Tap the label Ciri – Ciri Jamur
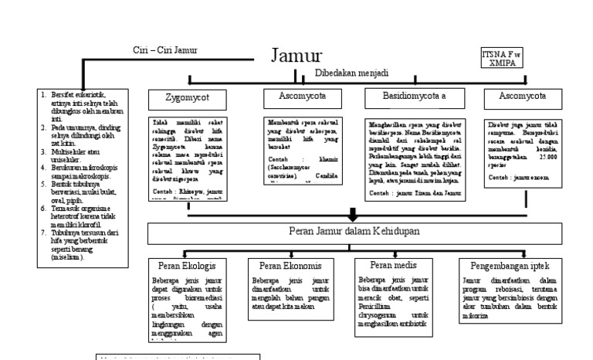pyautogui.click(x=165, y=51)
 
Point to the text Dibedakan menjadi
pyautogui.click(x=351, y=73)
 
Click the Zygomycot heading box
pyautogui.click(x=187, y=98)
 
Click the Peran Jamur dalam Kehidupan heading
pyautogui.click(x=351, y=230)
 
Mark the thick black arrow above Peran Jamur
pyautogui.click(x=353, y=213)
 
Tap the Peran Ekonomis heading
pyautogui.click(x=286, y=265)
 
